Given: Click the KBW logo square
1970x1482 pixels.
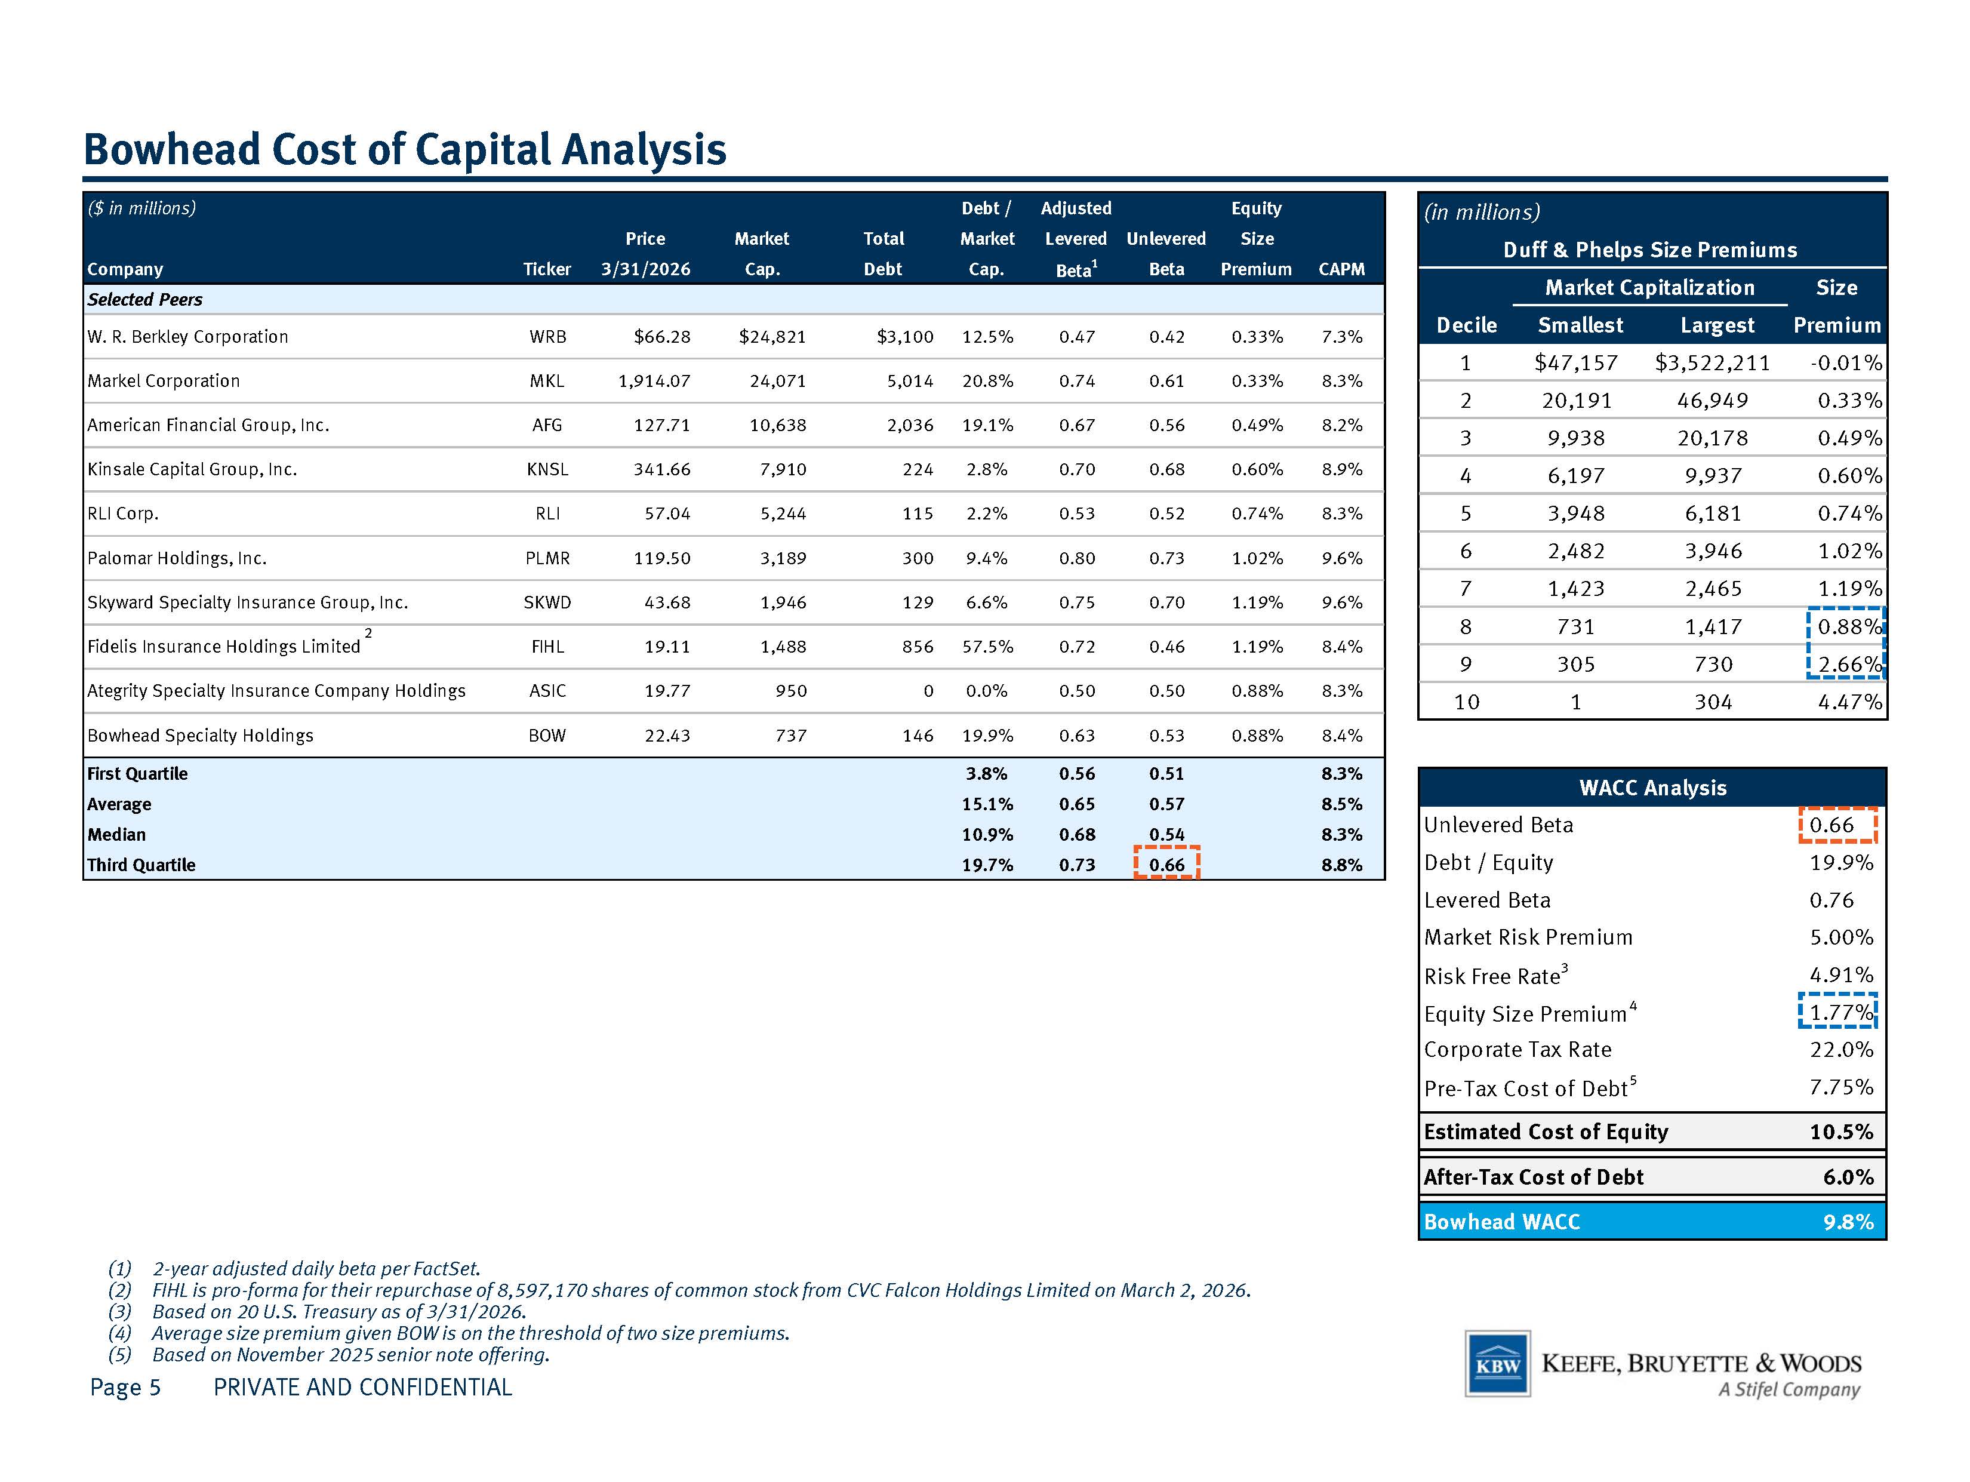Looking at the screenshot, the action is click(x=1498, y=1363).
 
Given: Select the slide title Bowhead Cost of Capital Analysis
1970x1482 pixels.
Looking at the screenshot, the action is click(x=405, y=149).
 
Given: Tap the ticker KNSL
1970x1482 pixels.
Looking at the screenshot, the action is click(x=547, y=469).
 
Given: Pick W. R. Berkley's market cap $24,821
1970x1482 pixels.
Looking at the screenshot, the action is click(x=772, y=337).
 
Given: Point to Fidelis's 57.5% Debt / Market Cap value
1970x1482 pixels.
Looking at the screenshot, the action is click(x=987, y=647).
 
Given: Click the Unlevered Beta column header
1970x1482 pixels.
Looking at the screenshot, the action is click(x=1166, y=254).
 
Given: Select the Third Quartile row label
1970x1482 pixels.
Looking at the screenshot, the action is click(x=141, y=865).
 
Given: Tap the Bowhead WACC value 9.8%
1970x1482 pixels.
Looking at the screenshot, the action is click(x=1848, y=1222).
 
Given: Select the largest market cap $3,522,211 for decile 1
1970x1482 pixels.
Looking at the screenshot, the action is click(x=1713, y=362).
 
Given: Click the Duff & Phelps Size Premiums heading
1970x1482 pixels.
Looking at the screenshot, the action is click(x=1650, y=250).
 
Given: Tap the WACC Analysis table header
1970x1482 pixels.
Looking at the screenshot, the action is click(x=1653, y=788).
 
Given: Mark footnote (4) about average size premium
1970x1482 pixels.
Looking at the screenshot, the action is click(x=449, y=1333).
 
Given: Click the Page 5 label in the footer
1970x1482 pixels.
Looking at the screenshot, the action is click(x=125, y=1388).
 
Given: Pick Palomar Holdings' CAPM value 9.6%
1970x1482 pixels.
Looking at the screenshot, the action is click(x=1342, y=558).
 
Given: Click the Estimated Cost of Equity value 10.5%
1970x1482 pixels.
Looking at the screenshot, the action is click(x=1842, y=1132).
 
